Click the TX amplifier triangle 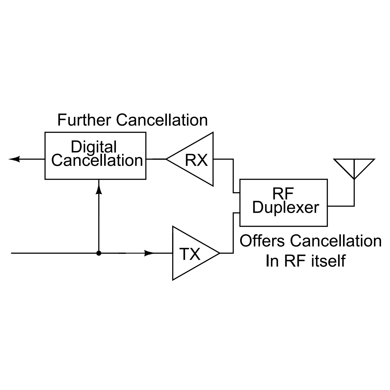pyautogui.click(x=192, y=253)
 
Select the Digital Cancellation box pyautogui.click(x=95, y=156)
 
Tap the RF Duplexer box pyautogui.click(x=283, y=203)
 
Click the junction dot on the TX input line pyautogui.click(x=99, y=253)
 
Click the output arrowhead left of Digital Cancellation pyautogui.click(x=14, y=159)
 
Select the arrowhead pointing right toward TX pyautogui.click(x=149, y=253)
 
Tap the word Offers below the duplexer pyautogui.click(x=262, y=241)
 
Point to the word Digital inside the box pyautogui.click(x=94, y=147)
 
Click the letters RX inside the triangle pyautogui.click(x=196, y=160)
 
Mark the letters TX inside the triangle pyautogui.click(x=190, y=254)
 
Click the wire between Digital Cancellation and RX pyautogui.click(x=156, y=159)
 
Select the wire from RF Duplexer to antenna pyautogui.click(x=341, y=206)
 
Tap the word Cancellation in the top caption pyautogui.click(x=162, y=120)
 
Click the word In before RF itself pyautogui.click(x=272, y=261)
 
